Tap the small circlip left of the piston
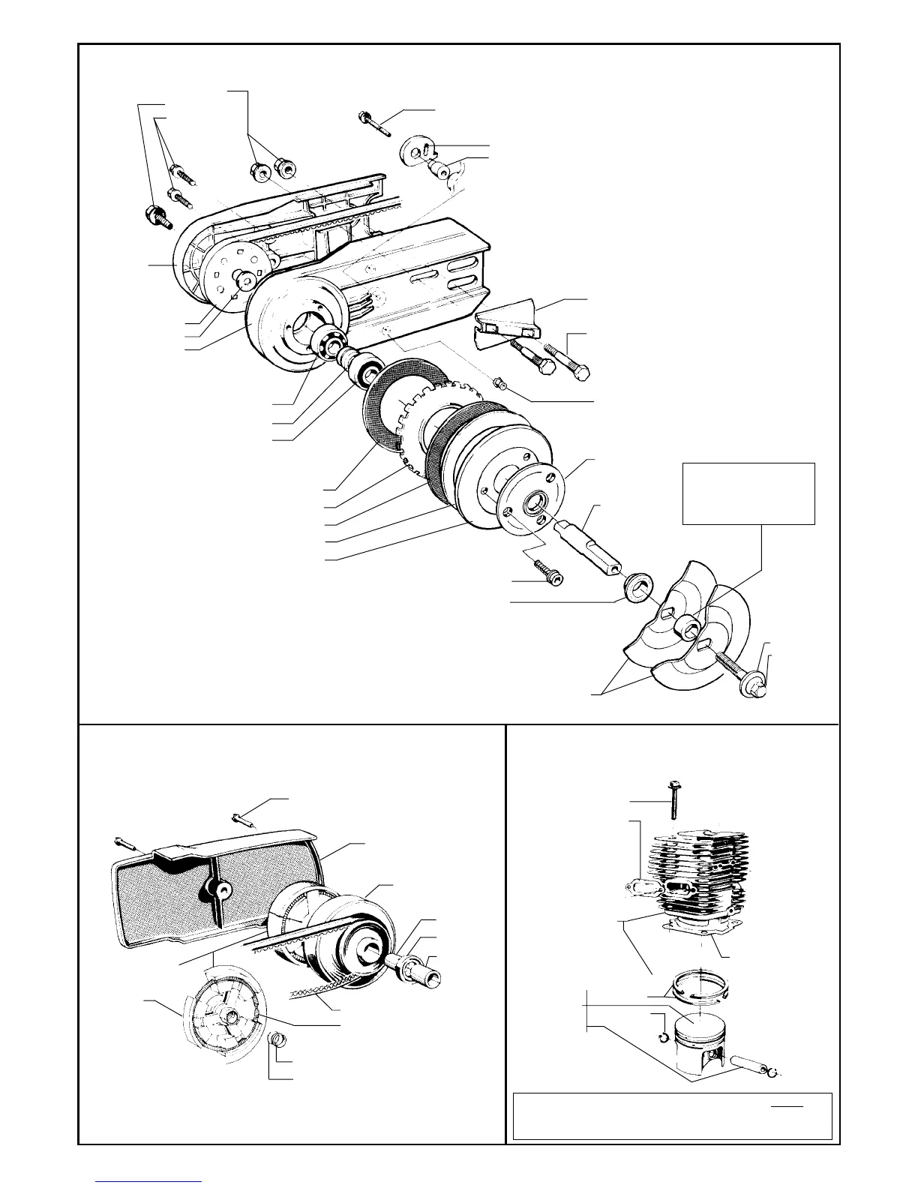click(661, 1038)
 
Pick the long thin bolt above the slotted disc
click(376, 121)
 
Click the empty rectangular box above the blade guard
click(748, 493)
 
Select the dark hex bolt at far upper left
click(155, 217)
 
